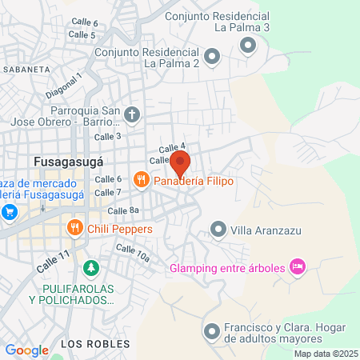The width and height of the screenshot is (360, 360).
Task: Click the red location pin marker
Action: point(180,164)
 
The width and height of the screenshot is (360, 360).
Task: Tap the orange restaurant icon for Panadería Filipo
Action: point(142,180)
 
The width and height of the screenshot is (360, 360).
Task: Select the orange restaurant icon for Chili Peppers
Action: point(75,228)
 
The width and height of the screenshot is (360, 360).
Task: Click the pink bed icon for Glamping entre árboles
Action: point(298,266)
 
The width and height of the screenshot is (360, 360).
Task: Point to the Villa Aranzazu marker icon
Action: point(218,230)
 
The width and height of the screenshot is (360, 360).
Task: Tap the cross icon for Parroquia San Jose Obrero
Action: point(132,114)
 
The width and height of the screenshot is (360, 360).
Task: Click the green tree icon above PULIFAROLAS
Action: point(92,266)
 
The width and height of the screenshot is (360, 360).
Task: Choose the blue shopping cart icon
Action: point(10,212)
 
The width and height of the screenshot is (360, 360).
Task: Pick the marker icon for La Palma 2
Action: point(212,56)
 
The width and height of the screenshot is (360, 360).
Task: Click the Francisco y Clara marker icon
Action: point(211,330)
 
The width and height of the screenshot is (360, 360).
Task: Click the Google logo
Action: point(26,350)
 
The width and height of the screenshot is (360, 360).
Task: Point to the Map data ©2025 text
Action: point(326,354)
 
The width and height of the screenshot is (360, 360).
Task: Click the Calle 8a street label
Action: point(124,210)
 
